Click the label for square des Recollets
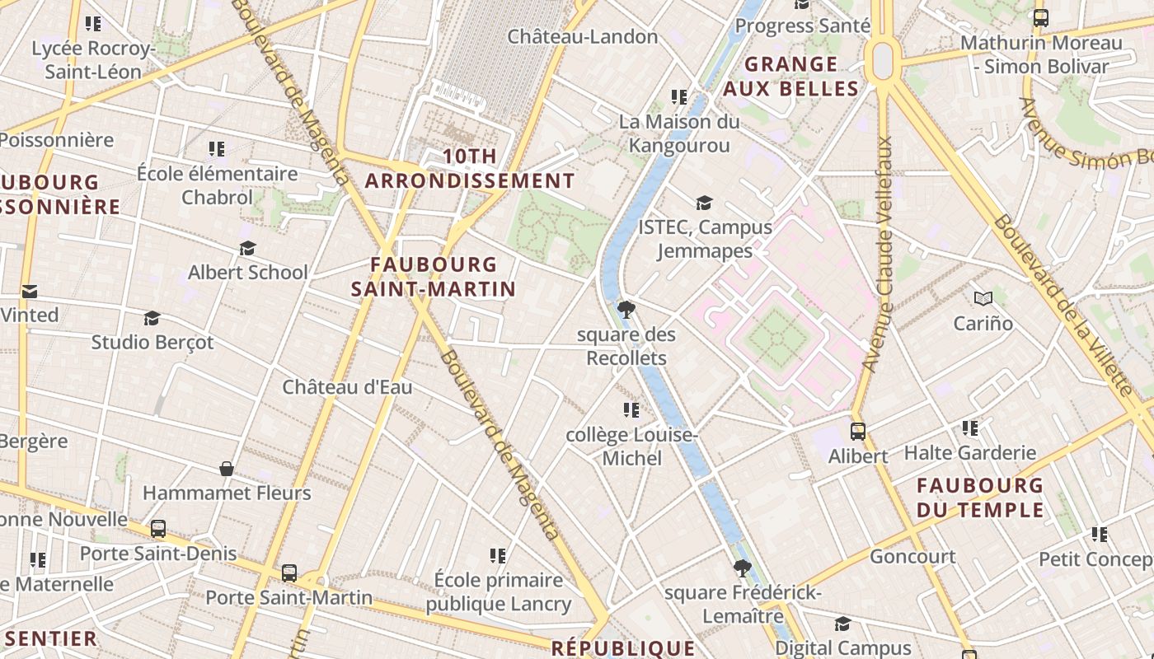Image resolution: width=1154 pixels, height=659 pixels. point(626,347)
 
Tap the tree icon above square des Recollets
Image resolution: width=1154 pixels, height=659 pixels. point(626,310)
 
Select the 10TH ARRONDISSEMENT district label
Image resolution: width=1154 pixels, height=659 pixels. point(470,169)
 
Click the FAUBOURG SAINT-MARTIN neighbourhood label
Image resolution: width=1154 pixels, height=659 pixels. point(434,277)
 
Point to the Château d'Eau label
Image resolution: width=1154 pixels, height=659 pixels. point(347,387)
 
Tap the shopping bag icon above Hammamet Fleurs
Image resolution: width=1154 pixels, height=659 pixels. point(227,469)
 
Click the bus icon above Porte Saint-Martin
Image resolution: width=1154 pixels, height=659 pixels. point(288,573)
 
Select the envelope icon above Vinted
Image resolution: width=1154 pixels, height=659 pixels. point(30,291)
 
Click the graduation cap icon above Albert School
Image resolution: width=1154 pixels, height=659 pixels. point(247,248)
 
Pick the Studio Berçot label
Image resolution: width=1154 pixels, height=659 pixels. point(152,342)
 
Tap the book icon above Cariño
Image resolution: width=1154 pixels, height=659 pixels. point(983,298)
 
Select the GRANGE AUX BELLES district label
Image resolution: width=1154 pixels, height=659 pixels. point(791,77)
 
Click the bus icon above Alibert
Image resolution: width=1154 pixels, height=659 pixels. point(858,431)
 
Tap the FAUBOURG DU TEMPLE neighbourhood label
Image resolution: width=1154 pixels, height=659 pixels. point(980,498)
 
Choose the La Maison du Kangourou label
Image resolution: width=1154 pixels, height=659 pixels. point(679,133)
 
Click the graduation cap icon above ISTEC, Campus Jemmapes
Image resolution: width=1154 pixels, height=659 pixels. point(704,203)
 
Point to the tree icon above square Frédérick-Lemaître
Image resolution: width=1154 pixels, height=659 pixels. point(743,568)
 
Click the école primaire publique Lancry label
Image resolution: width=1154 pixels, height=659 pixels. point(499,591)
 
